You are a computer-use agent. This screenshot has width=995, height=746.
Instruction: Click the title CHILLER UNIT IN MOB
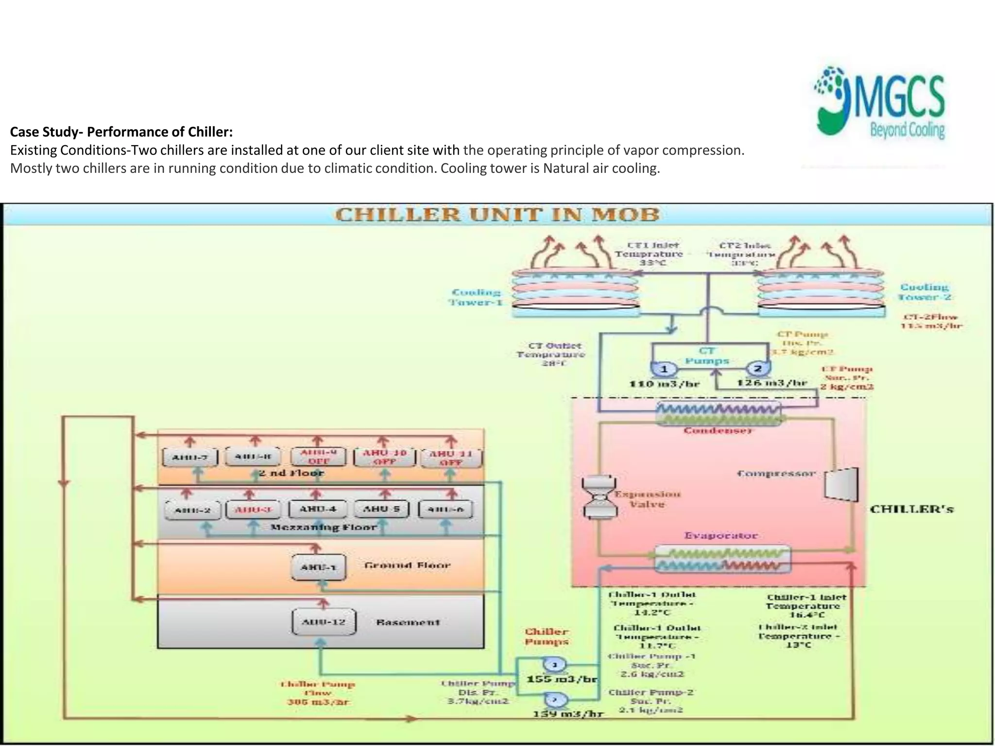[497, 215]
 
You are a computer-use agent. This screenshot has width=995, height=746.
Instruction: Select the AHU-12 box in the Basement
[324, 622]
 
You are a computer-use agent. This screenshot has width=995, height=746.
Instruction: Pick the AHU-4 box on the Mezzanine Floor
[318, 509]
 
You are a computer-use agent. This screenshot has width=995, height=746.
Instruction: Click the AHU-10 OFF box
[384, 457]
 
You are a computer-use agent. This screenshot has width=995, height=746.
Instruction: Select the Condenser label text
[718, 431]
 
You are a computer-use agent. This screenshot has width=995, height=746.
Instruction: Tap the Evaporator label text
[721, 536]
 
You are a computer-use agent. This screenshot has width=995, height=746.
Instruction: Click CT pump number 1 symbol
[664, 369]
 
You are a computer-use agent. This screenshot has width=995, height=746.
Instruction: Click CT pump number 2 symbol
[757, 369]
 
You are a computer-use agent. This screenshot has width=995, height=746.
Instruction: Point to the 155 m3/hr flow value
[562, 679]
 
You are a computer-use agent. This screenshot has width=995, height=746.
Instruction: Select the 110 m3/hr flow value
[665, 384]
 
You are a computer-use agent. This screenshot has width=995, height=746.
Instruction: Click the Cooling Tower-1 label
[476, 297]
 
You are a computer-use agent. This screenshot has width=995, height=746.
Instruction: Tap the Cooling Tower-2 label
[925, 292]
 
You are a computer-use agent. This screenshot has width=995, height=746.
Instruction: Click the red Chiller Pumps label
[546, 637]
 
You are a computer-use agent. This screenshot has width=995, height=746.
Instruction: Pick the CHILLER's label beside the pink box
[911, 509]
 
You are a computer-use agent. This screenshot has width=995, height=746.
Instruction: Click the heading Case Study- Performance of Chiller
[121, 132]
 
